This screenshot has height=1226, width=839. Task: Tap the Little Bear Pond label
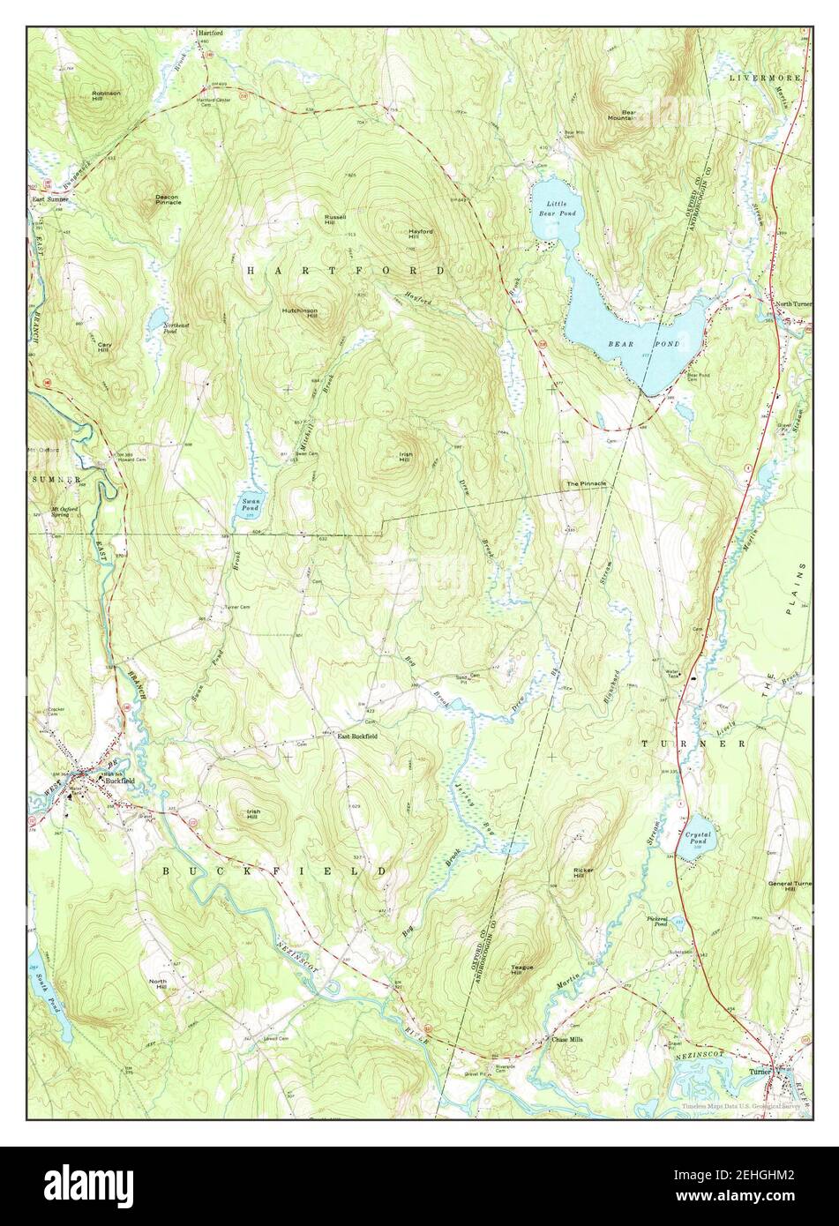pos(557,208)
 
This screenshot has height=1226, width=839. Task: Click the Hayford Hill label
pos(420,234)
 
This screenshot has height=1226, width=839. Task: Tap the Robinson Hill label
pos(106,95)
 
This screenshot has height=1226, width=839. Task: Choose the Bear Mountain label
pos(629,116)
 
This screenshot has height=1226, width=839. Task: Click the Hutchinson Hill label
pos(300,313)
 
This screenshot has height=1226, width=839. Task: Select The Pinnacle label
pos(586,484)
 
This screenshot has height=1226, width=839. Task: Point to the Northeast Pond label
pos(176,328)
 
